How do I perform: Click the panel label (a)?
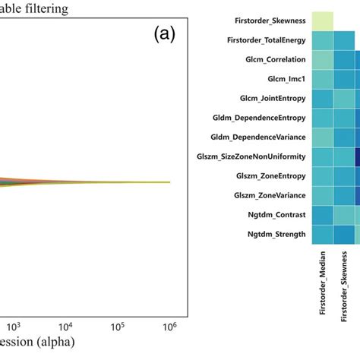pyautogui.click(x=165, y=36)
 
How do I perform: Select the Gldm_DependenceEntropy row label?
pyautogui.click(x=259, y=118)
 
